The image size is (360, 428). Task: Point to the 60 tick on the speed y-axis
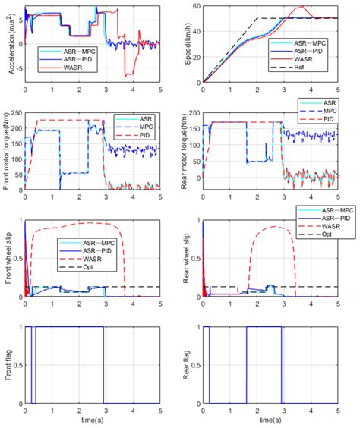(x=194, y=6)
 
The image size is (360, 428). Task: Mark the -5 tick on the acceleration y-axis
(x=16, y=70)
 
